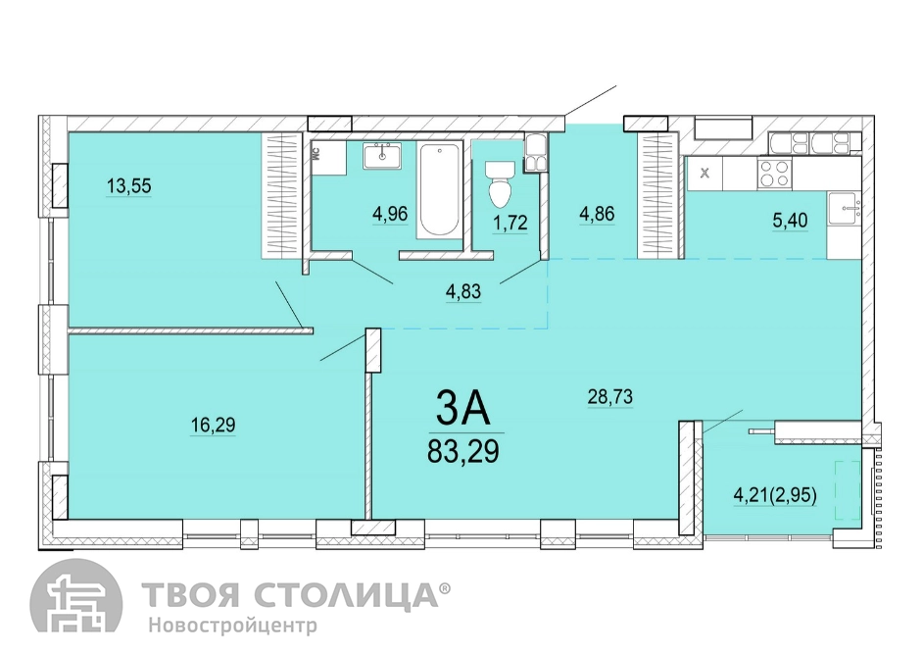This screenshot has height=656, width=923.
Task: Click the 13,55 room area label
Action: [x=129, y=186]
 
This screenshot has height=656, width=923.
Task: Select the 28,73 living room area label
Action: [x=610, y=397]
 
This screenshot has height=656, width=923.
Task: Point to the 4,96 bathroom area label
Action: [x=390, y=213]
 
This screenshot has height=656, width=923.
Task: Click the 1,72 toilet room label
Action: [x=510, y=223]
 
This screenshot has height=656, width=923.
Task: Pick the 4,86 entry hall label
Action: [x=597, y=214]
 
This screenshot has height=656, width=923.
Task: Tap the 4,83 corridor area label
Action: [x=463, y=291]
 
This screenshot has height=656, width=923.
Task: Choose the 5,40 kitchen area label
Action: [x=790, y=221]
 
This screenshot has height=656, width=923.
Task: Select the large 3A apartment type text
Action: [x=463, y=409]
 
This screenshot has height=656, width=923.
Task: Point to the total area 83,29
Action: [x=463, y=452]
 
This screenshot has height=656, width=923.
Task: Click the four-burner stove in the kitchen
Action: [x=775, y=174]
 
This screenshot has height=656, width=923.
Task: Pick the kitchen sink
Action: [x=844, y=210]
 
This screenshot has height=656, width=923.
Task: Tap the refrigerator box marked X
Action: [x=704, y=174]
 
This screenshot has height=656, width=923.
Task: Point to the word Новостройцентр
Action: [x=232, y=625]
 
